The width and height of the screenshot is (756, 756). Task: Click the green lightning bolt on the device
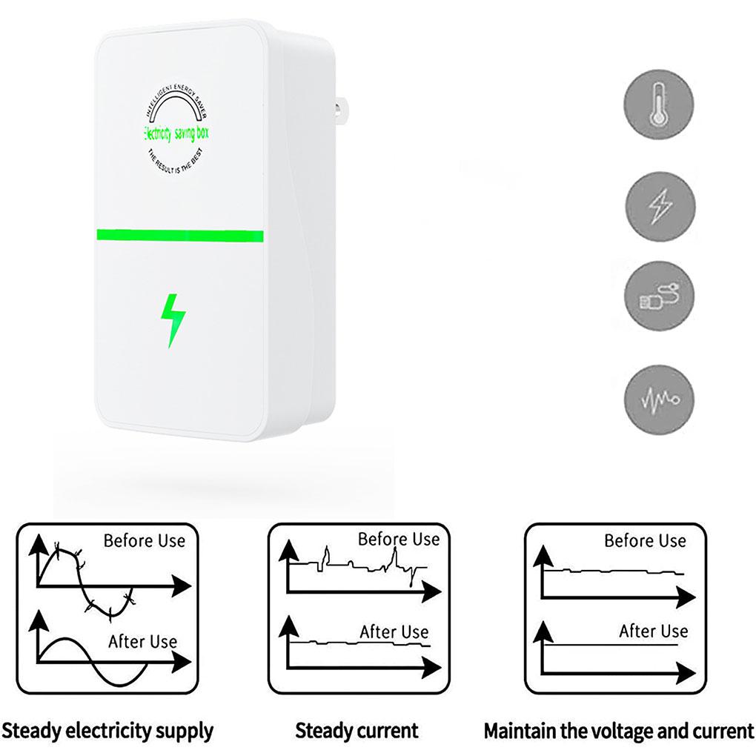pyautogui.click(x=173, y=320)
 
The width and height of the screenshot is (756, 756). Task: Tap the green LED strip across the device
pyautogui.click(x=180, y=236)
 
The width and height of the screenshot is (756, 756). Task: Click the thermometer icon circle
pyautogui.click(x=659, y=103)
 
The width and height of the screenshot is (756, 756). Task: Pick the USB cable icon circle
pyautogui.click(x=659, y=297)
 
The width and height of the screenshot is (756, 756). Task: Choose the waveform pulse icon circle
pyautogui.click(x=659, y=399)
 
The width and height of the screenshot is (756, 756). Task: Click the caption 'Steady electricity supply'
pyautogui.click(x=107, y=731)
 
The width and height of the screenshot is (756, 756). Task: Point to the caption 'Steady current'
pyautogui.click(x=357, y=731)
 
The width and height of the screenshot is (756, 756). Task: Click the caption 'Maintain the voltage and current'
pyautogui.click(x=618, y=732)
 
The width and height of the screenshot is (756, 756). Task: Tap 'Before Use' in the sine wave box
pyautogui.click(x=144, y=540)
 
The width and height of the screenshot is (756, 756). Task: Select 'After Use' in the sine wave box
pyautogui.click(x=142, y=641)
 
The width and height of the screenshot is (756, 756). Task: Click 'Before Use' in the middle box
pyautogui.click(x=399, y=539)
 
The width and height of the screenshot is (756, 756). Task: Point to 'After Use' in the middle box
pyautogui.click(x=394, y=632)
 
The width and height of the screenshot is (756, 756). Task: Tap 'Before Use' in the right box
pyautogui.click(x=645, y=540)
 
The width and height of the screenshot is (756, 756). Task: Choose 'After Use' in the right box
pyautogui.click(x=653, y=631)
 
